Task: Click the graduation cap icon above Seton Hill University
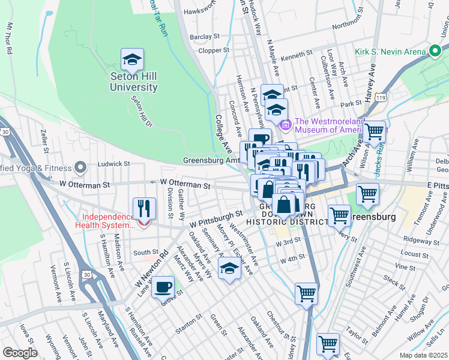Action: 132,59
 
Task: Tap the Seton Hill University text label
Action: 133,82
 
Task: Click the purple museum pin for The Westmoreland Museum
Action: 285,125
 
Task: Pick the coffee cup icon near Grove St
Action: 163,287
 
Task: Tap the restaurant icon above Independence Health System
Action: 144,208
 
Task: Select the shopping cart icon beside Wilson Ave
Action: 374,131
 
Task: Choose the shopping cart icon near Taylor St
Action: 328,344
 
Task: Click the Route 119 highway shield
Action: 379,97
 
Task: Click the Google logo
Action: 20,352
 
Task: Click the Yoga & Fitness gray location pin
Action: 81,167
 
